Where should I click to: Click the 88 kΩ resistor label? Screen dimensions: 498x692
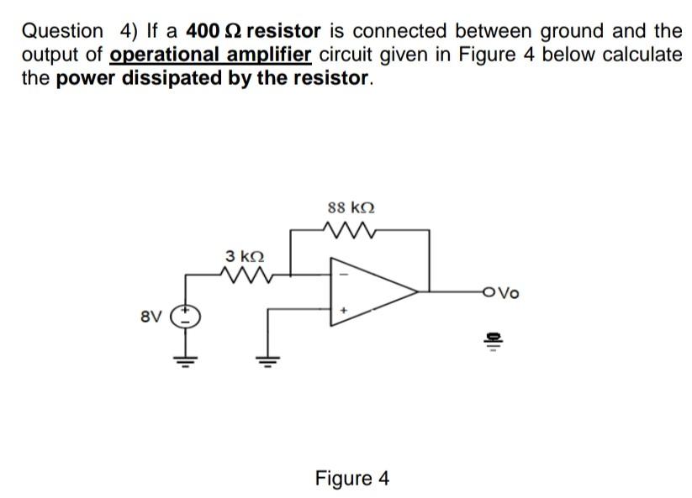351,206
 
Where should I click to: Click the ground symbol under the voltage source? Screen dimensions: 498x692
183,363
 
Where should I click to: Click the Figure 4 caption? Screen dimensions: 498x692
351,479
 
